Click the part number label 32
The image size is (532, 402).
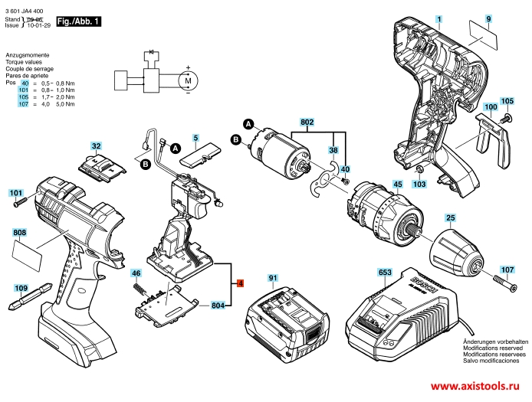click(96, 145)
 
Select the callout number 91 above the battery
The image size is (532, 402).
click(272, 276)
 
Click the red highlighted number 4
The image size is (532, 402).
click(241, 283)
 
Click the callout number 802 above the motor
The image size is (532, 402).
click(307, 122)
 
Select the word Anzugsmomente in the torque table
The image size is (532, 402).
click(27, 56)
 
